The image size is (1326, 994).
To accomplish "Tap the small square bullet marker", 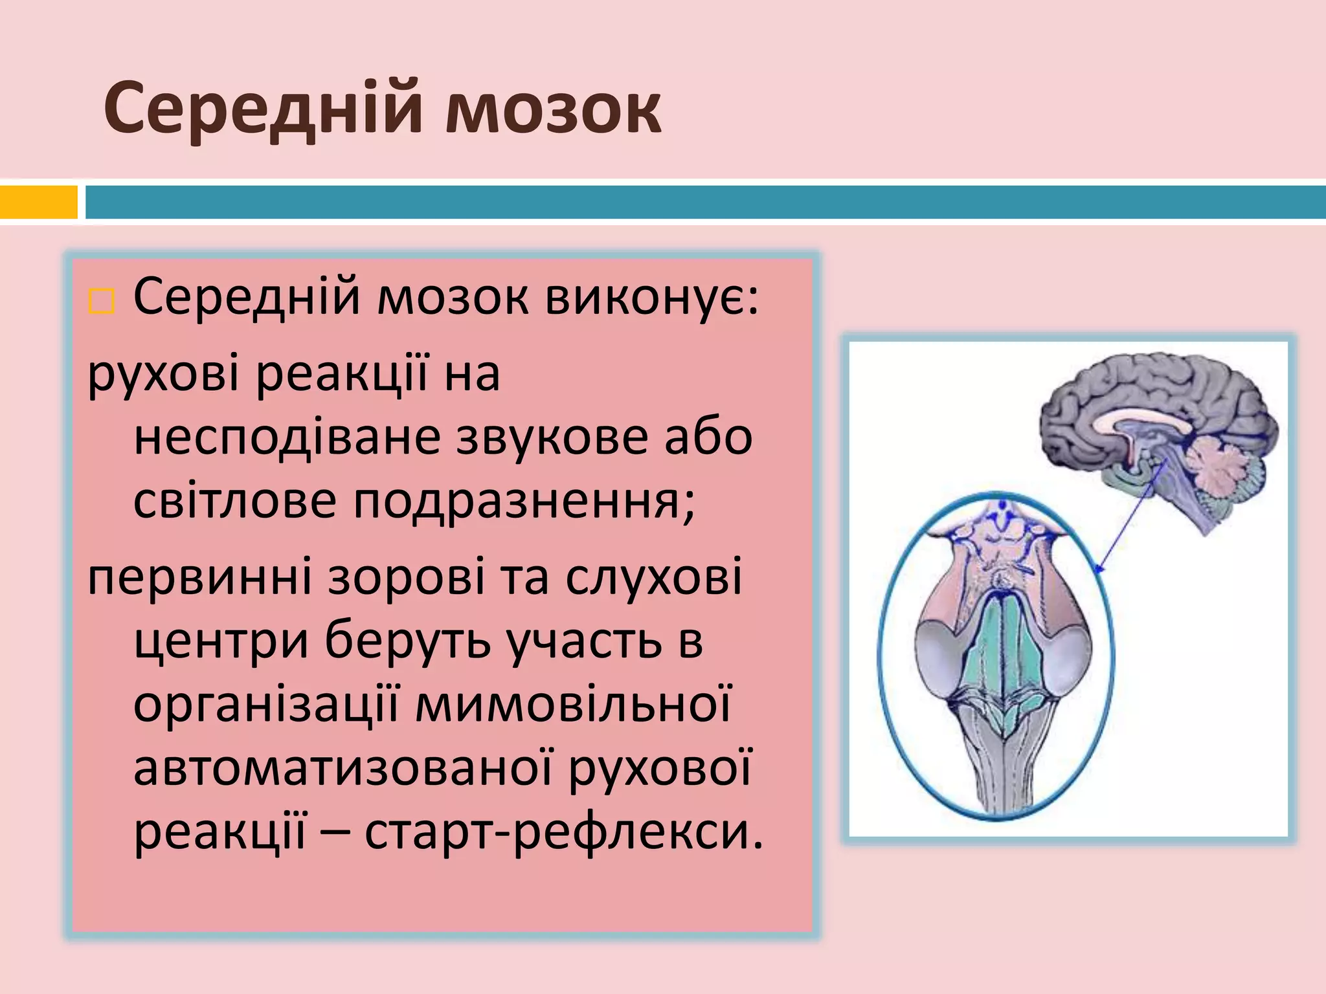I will (x=101, y=302).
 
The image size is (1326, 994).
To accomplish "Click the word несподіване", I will (x=288, y=438).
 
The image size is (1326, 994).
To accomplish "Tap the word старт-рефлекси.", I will (x=564, y=832).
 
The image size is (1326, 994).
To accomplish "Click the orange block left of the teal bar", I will (x=38, y=203).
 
